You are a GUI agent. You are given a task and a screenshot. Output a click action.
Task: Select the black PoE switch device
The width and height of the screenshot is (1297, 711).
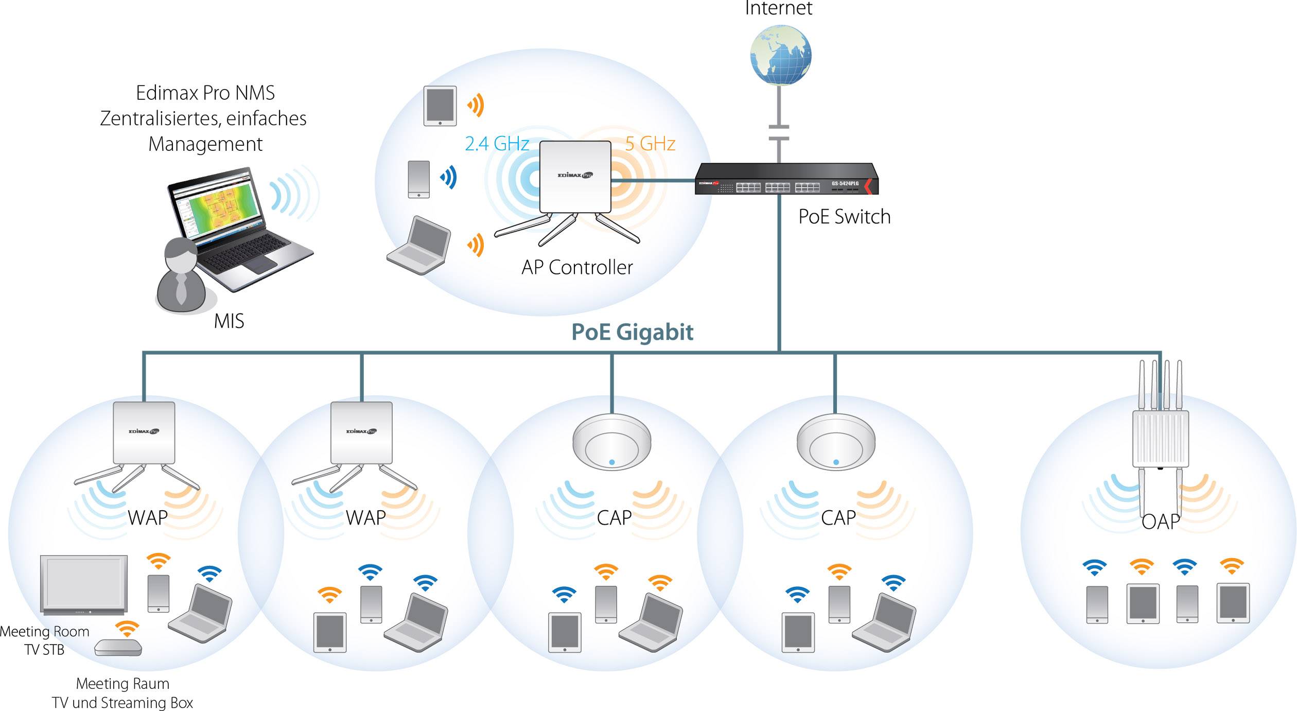coord(786,179)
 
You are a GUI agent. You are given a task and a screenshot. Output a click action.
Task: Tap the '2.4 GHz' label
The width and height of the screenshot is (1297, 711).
coord(497,144)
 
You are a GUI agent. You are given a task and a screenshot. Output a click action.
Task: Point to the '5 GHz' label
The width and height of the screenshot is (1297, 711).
coord(650,144)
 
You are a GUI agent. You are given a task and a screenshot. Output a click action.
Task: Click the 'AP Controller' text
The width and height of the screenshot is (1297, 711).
coord(577,268)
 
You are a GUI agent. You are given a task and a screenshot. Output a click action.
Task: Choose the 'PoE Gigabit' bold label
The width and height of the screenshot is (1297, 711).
coord(632,332)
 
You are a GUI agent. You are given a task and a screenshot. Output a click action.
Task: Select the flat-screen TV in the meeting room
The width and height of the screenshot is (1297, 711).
coord(84,584)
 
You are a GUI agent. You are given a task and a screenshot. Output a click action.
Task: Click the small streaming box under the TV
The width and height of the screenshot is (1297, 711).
coord(118,647)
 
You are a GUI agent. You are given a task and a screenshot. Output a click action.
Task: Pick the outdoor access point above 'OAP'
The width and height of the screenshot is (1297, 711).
coord(1160,438)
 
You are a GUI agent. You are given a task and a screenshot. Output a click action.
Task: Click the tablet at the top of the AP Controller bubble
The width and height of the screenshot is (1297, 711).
coord(440,106)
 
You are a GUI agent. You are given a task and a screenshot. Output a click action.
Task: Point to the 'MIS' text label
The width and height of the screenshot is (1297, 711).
coord(229,321)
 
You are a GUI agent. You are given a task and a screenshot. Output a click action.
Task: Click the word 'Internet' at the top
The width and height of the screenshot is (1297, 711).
coord(778,8)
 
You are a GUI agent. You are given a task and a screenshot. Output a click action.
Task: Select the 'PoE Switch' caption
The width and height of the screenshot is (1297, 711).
coord(844,217)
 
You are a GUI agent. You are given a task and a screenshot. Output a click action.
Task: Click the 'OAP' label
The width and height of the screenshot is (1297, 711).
coord(1160,522)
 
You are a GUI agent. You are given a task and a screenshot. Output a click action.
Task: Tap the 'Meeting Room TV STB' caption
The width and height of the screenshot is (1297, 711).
coord(44,640)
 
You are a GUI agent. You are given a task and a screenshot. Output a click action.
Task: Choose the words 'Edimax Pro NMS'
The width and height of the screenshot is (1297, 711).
coord(205,93)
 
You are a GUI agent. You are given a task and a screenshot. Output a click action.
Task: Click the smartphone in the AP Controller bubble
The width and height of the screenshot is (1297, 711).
coord(418,179)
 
